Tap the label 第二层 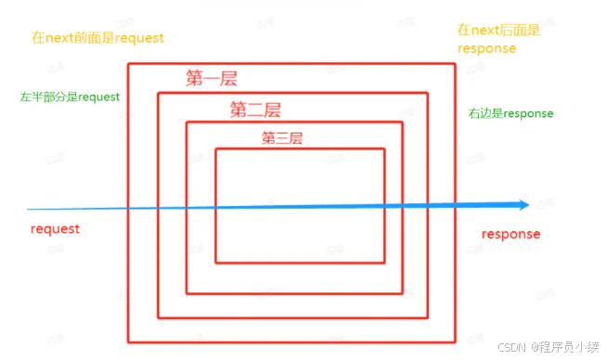click(x=255, y=110)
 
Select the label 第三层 click(x=282, y=139)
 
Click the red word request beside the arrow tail click(x=55, y=228)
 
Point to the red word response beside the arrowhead click(x=510, y=234)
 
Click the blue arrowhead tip click(x=530, y=204)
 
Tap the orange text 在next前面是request click(x=97, y=38)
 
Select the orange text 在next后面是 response click(x=499, y=39)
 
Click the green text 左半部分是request click(x=70, y=96)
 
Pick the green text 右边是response click(x=510, y=113)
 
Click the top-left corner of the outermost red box click(x=128, y=64)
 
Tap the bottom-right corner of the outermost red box click(x=455, y=342)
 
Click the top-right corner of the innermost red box click(x=385, y=148)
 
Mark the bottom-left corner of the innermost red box click(x=216, y=263)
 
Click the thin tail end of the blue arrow click(x=28, y=210)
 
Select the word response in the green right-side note click(x=527, y=113)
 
